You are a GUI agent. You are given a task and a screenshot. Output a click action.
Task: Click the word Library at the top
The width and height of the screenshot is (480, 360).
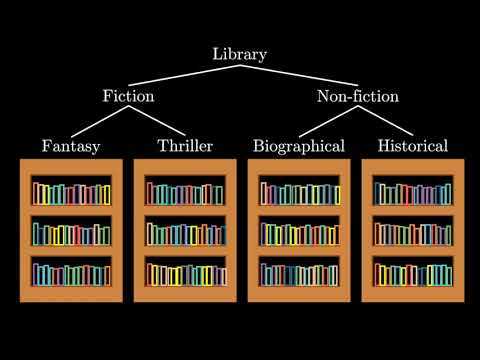[240, 54]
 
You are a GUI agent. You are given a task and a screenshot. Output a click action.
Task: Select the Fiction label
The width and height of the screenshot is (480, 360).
[128, 97]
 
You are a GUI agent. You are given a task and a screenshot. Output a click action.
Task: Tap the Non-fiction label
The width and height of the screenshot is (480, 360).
[358, 97]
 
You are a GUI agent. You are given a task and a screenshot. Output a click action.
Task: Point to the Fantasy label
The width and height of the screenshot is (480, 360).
[71, 146]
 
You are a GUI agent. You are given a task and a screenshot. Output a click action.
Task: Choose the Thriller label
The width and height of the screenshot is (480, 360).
[185, 146]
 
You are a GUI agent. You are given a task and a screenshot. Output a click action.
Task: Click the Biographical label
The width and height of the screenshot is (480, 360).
[299, 146]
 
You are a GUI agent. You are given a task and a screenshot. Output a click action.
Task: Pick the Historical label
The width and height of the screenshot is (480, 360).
[412, 146]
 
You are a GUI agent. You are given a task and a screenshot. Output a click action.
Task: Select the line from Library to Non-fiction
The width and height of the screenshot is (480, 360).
[300, 75]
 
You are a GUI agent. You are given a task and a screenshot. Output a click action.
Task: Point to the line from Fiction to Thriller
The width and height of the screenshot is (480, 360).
[160, 122]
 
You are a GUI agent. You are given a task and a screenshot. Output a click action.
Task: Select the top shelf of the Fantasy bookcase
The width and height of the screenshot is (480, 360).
[71, 191]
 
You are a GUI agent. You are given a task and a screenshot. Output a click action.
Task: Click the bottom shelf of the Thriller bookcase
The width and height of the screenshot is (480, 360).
[185, 271]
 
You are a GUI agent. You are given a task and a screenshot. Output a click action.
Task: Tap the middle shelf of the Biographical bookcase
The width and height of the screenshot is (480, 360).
[299, 231]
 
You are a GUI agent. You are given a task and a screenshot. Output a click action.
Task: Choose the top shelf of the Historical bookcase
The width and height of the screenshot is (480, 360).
[412, 191]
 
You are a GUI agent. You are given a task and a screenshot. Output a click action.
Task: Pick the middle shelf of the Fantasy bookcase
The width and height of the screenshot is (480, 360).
[71, 231]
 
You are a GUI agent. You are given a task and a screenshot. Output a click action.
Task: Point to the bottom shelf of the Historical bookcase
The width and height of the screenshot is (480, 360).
[412, 271]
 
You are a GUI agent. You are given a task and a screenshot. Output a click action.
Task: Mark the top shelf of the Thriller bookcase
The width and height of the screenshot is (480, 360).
[185, 191]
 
